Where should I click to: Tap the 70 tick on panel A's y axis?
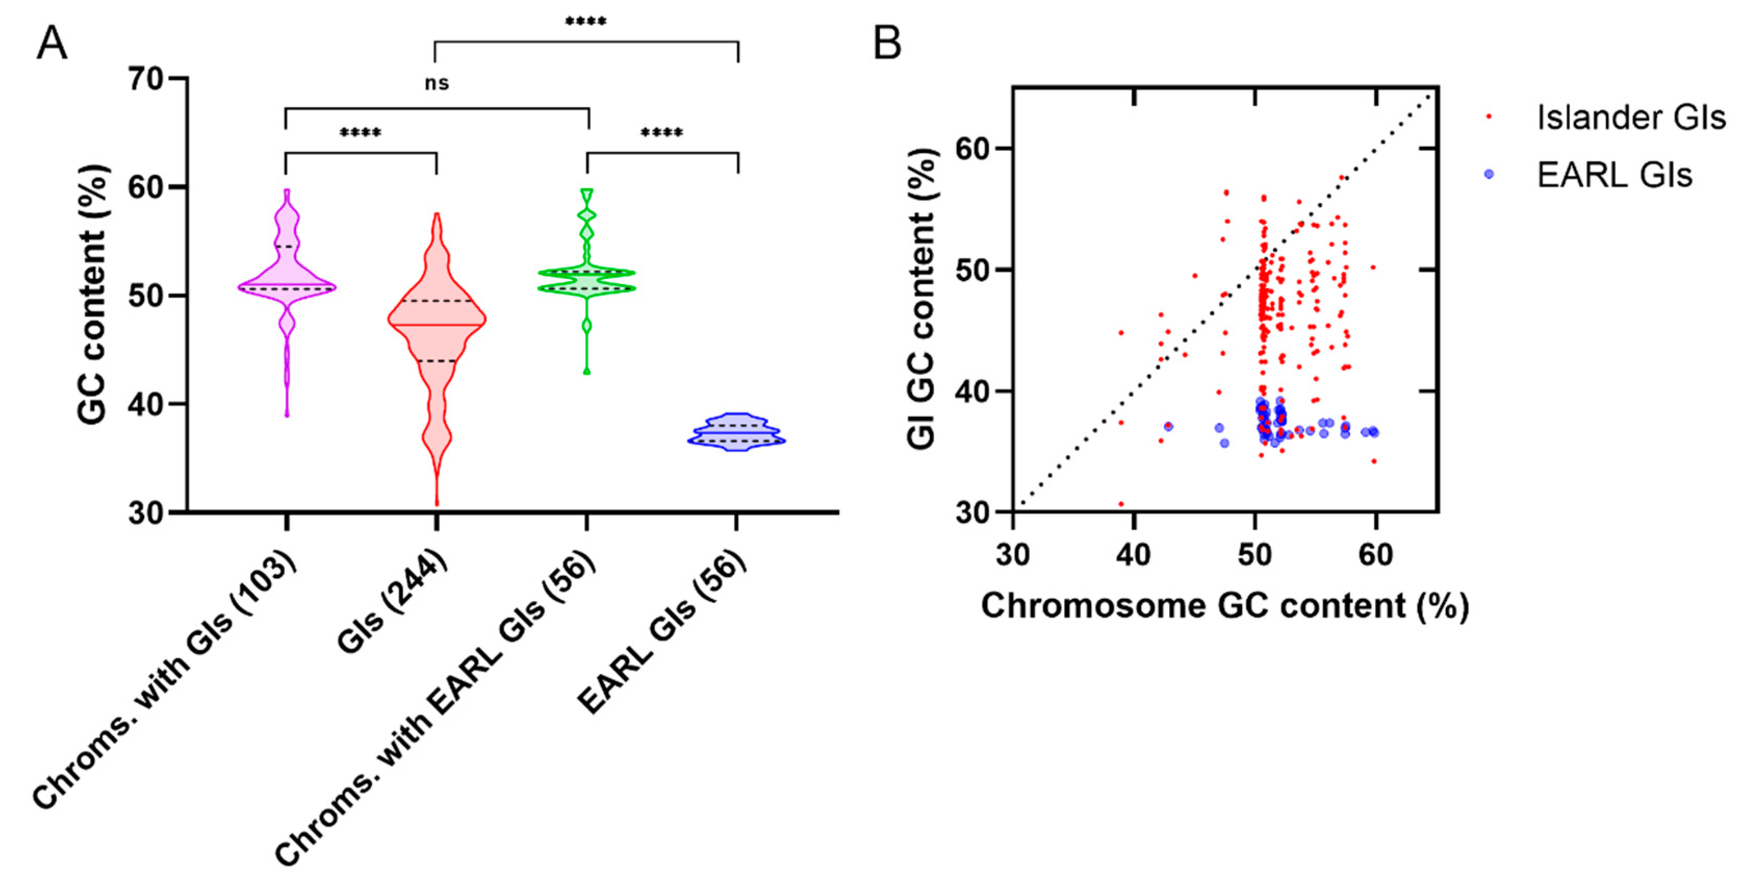[146, 79]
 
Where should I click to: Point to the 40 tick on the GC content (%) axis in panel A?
[146, 404]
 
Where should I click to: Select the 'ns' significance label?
[437, 84]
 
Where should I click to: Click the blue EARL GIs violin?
[736, 432]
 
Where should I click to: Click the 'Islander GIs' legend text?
[1631, 118]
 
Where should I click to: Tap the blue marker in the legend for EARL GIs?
[1489, 174]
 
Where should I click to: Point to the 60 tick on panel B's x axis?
[1376, 555]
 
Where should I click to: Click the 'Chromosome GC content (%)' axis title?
[1225, 606]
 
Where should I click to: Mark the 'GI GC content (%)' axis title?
[921, 298]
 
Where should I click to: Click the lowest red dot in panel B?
[1121, 503]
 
